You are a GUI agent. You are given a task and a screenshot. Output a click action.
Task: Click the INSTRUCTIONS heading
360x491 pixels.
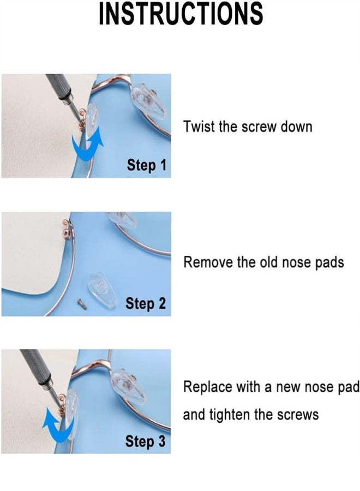click(x=180, y=14)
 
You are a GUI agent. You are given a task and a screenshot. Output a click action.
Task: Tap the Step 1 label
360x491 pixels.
click(x=146, y=165)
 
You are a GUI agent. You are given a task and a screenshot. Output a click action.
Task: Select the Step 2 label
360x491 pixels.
click(x=146, y=303)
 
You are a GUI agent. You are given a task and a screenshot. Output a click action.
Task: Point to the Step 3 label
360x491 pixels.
click(x=146, y=441)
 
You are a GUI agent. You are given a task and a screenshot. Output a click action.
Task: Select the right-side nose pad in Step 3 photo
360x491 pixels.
click(x=128, y=385)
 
